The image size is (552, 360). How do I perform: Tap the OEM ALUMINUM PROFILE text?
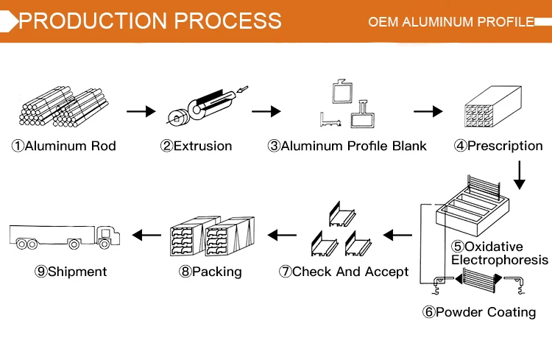(451, 21)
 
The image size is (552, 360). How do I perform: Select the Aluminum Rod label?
(64, 146)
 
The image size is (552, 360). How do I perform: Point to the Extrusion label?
(197, 146)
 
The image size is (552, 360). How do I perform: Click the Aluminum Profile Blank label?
(347, 146)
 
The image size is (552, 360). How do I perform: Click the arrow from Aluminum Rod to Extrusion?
(141, 112)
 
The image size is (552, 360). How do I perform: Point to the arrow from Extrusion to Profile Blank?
(266, 112)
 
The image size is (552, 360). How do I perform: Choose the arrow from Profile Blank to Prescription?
(428, 112)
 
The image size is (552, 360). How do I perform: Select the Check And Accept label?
(344, 272)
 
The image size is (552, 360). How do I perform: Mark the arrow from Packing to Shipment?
(146, 236)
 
